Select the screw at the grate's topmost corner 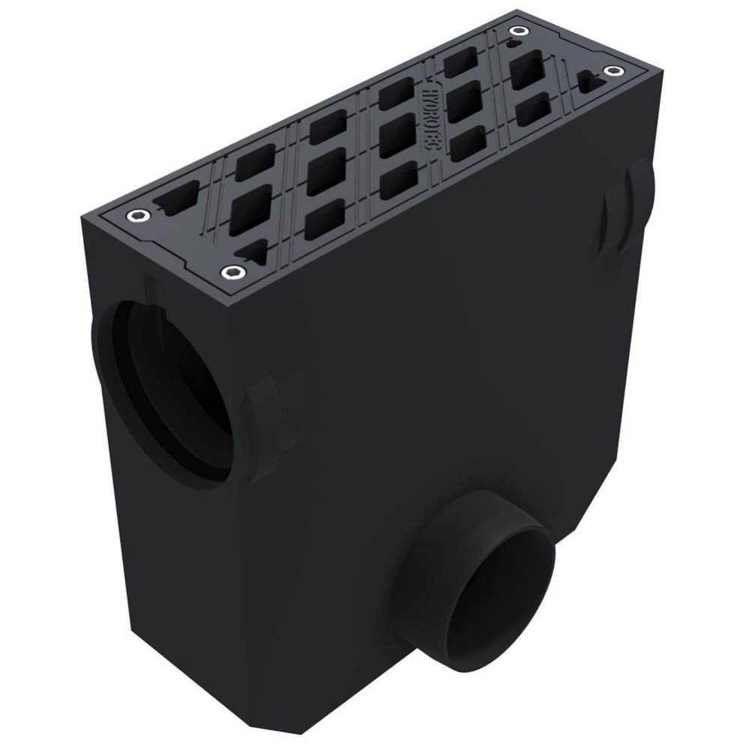point(518,31)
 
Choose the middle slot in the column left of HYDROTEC point(396,136)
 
